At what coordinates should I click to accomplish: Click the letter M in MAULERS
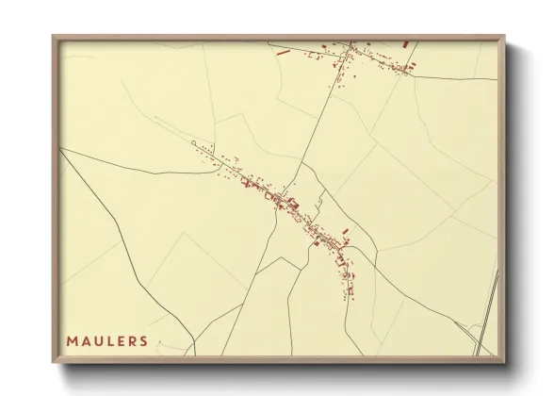(72, 340)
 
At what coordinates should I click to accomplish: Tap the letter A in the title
(86, 340)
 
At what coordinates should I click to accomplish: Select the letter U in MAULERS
(99, 340)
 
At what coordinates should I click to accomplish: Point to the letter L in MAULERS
(111, 340)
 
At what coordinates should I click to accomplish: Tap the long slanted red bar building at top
(283, 53)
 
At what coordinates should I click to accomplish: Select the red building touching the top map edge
(406, 42)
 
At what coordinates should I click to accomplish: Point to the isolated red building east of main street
(345, 230)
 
